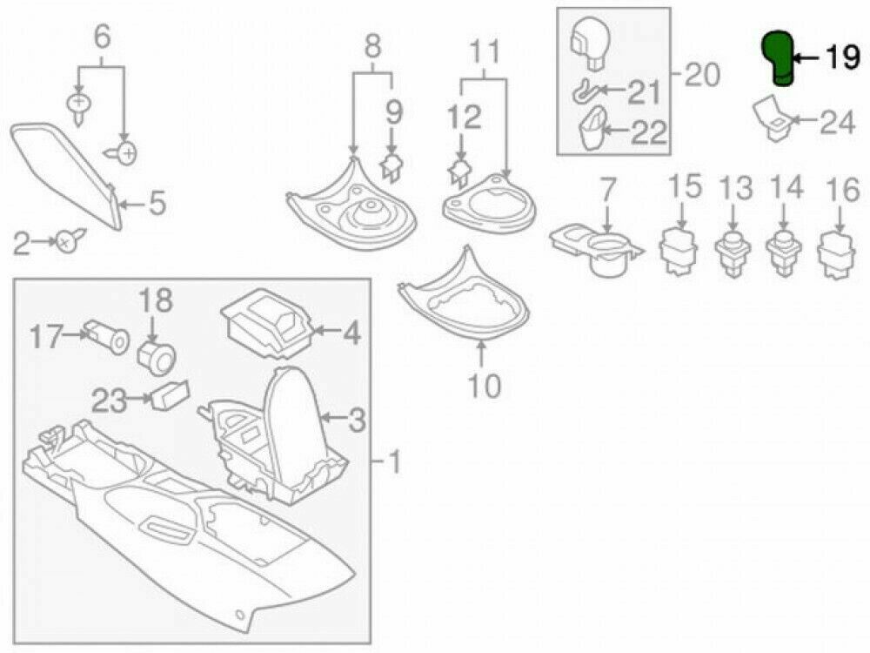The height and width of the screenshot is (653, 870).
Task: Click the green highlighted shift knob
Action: tap(778, 58)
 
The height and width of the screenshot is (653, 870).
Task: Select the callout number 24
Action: tap(838, 123)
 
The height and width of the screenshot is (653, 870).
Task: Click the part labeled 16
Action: tap(838, 253)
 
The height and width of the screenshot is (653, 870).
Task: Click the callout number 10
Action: tap(484, 384)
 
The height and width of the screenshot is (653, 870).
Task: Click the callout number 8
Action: tap(372, 46)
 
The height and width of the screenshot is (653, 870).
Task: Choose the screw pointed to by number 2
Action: tap(67, 241)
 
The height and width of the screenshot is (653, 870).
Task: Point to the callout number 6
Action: tap(103, 37)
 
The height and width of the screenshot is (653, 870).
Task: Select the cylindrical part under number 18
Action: tap(157, 354)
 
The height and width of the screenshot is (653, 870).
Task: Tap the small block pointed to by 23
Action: tap(170, 396)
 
